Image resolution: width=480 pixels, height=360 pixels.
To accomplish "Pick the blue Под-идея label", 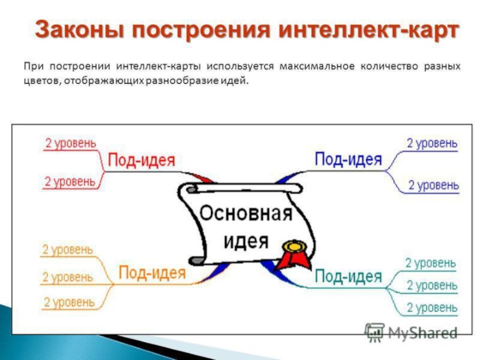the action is point(348,159).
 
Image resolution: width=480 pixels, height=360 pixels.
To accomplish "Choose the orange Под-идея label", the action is point(152,273).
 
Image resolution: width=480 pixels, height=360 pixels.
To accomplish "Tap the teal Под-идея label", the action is point(348,277).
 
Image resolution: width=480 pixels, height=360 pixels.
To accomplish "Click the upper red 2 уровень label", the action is point(70,143).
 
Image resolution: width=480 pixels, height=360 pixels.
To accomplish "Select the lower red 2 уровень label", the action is point(70,181).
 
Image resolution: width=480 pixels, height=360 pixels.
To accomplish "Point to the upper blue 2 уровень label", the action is point(432,143).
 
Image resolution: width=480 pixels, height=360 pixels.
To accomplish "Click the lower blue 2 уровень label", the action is point(433,185).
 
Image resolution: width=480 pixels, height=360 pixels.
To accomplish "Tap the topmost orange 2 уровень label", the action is point(67,249).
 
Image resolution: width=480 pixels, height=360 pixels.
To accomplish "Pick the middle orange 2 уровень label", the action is point(67,277).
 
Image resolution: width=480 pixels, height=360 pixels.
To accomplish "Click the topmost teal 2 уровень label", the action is point(430,263).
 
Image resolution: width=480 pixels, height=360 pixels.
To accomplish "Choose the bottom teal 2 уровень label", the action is point(431,308).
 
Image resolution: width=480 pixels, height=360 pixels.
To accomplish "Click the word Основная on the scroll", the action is point(245,214).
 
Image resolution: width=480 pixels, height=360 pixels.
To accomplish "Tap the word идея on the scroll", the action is point(246,241).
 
